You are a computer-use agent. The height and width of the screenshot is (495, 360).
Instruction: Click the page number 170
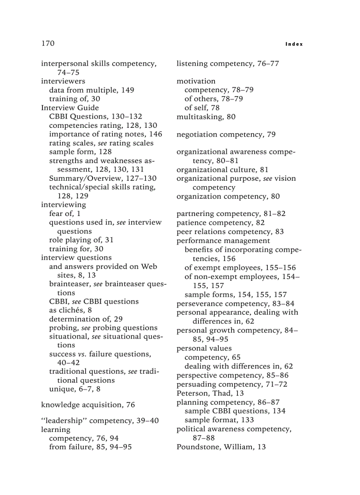48,43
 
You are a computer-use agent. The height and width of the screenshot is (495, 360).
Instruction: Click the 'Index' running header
294,44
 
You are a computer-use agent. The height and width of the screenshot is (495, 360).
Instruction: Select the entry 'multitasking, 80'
206,117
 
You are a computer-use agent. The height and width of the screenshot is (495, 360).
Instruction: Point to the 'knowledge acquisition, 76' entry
88,405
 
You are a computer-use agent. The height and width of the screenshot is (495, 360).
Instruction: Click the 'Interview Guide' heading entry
70,108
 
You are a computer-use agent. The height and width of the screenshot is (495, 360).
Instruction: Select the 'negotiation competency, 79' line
226,134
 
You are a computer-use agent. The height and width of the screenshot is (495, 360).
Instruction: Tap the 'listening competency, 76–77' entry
228,63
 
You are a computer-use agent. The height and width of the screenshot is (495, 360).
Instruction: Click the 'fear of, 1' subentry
64,213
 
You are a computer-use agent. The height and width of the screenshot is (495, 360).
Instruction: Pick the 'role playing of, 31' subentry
81,240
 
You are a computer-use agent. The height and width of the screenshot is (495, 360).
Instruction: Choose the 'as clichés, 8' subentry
70,310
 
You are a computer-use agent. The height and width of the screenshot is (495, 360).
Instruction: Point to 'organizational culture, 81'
222,170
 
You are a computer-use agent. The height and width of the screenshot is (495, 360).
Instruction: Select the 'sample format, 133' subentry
219,420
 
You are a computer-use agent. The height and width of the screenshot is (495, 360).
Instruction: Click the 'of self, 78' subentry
202,108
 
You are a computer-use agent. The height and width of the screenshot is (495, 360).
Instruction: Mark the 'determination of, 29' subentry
86,319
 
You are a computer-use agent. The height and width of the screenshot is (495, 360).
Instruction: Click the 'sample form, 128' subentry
80,152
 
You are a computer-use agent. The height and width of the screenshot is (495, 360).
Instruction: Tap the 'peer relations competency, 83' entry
230,231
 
